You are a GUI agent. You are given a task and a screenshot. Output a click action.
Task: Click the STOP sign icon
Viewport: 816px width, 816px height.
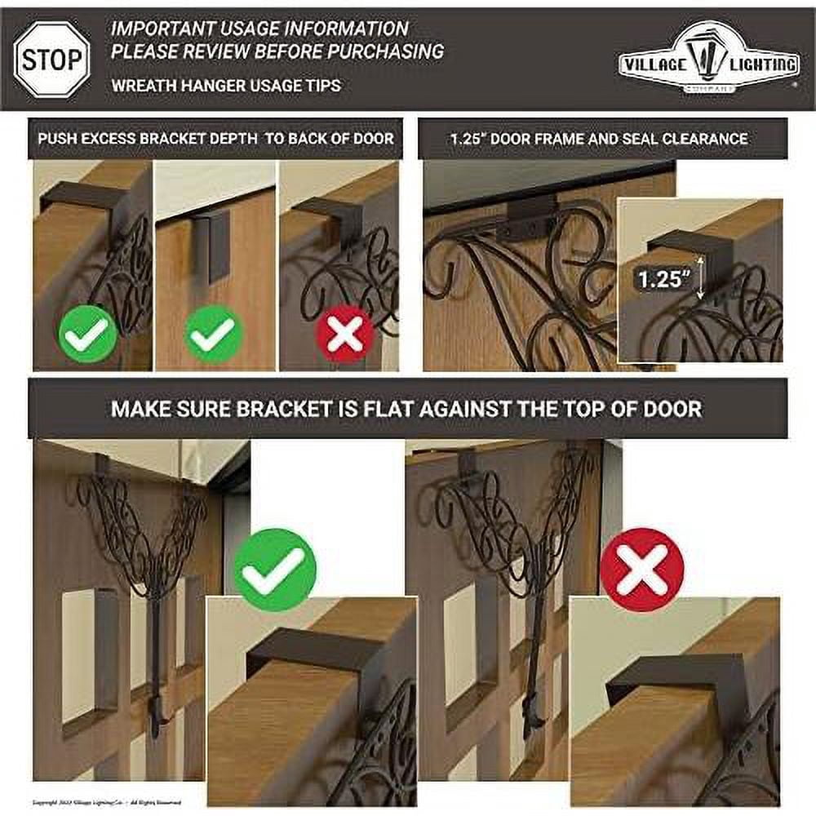tap(51, 59)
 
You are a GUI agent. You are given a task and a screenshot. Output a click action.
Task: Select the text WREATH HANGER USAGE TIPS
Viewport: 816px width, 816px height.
tap(226, 85)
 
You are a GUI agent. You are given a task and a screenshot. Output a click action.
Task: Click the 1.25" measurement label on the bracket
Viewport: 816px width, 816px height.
tap(662, 278)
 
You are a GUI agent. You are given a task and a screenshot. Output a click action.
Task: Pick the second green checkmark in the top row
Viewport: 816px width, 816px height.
tap(214, 333)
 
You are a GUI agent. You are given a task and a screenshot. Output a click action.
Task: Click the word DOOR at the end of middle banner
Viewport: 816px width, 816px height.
tap(673, 409)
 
